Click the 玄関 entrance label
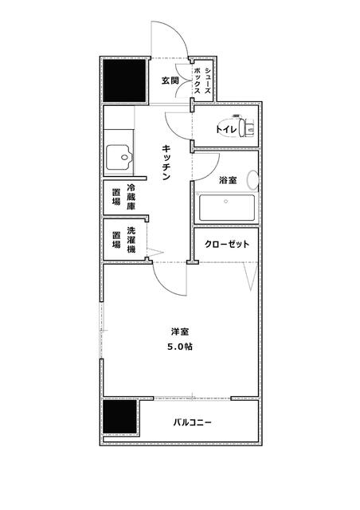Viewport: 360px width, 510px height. [170, 80]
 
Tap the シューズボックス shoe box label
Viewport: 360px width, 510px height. [203, 81]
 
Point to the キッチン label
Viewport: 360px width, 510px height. [166, 163]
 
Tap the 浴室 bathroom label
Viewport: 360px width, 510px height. [228, 180]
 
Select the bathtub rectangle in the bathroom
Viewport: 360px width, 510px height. [227, 209]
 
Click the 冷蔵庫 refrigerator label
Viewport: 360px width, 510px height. [130, 196]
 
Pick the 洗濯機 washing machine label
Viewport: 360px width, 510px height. [130, 241]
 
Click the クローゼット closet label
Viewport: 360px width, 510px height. [228, 244]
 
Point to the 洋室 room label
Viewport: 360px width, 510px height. [179, 331]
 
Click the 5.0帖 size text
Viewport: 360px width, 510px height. [180, 347]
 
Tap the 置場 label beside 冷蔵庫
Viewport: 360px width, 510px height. [116, 197]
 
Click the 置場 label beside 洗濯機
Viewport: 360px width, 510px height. [116, 241]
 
